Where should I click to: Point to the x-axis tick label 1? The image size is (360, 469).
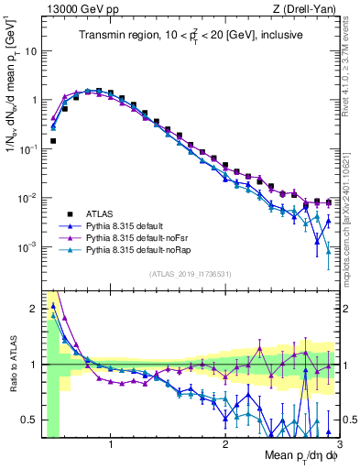click(111, 445)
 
